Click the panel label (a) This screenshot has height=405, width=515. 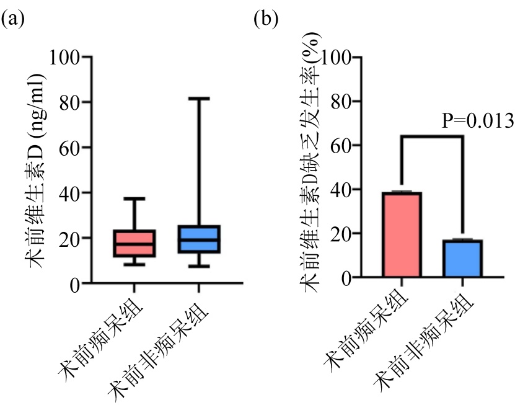pos(13,19)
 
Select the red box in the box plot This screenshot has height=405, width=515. pos(134,244)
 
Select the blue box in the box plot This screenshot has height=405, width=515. pos(198,239)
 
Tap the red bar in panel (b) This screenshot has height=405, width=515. pos(402,235)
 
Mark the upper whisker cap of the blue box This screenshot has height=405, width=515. pos(198,98)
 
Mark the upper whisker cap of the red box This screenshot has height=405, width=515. pos(134,198)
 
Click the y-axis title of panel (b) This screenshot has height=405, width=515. pos(310,167)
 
